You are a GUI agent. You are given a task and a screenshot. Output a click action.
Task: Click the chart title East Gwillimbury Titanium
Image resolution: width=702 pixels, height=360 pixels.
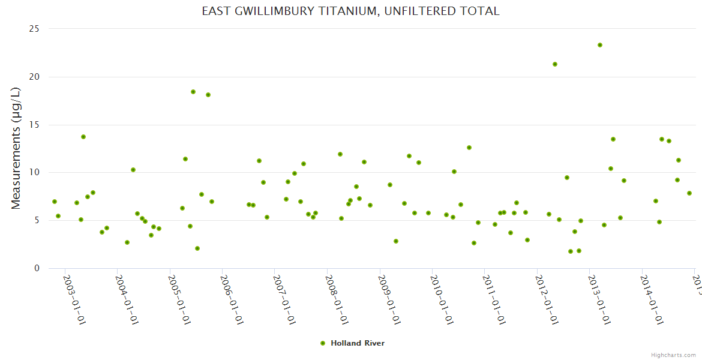pyautogui.click(x=350, y=11)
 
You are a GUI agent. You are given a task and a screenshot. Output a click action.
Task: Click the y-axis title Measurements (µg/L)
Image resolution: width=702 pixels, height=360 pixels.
pyautogui.click(x=16, y=148)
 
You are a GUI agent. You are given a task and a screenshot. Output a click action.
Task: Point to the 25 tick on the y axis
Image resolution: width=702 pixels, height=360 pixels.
pyautogui.click(x=34, y=29)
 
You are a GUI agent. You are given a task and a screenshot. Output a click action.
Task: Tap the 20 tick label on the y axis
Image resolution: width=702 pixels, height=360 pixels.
pyautogui.click(x=34, y=77)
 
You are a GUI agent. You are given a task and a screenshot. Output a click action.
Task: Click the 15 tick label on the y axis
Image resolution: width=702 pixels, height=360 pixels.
pyautogui.click(x=34, y=125)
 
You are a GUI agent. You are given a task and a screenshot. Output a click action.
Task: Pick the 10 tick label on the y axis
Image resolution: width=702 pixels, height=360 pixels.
pyautogui.click(x=34, y=173)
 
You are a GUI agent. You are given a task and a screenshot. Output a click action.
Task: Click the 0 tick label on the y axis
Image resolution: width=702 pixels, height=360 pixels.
pyautogui.click(x=37, y=268)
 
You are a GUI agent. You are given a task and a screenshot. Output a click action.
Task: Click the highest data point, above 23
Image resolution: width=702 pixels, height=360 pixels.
pyautogui.click(x=600, y=45)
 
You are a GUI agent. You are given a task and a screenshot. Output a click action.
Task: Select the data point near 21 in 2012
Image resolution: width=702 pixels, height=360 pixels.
pyautogui.click(x=555, y=64)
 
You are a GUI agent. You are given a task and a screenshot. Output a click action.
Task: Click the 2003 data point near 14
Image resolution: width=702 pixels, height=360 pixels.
pyautogui.click(x=83, y=137)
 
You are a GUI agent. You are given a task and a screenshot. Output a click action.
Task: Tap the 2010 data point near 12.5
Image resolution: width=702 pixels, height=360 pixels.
pyautogui.click(x=469, y=148)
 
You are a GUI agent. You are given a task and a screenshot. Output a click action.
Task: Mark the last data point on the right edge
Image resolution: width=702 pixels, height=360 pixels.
pyautogui.click(x=689, y=193)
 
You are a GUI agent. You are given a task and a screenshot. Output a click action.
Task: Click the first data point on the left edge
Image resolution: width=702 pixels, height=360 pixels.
pyautogui.click(x=55, y=202)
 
